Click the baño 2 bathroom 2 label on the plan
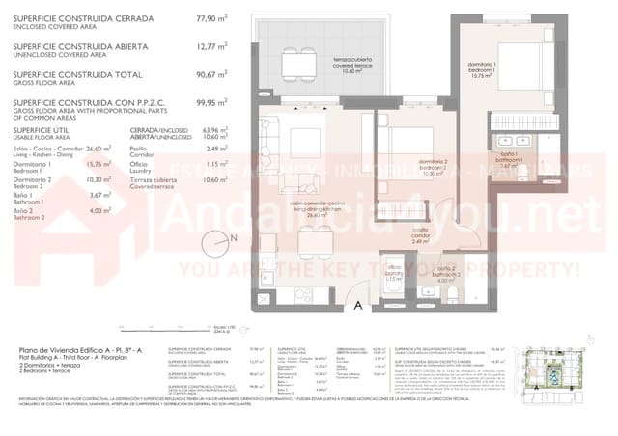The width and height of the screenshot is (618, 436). point(445,273)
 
